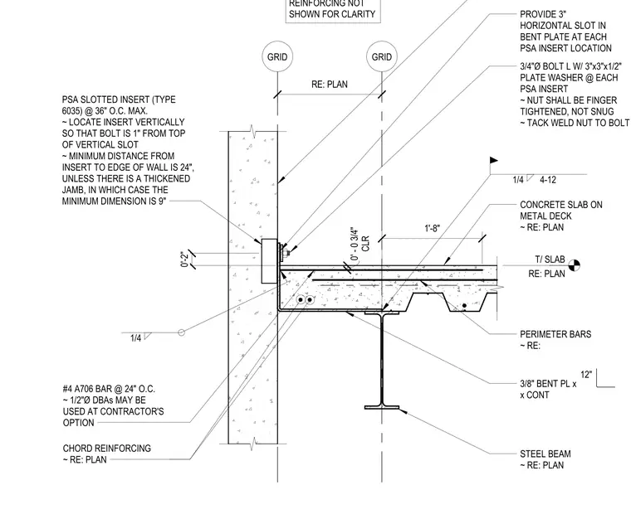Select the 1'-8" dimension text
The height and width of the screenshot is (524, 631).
coord(433,229)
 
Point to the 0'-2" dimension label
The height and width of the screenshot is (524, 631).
coord(184,260)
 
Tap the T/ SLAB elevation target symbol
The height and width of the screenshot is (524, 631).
coord(575,265)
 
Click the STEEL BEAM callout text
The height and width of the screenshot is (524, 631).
coord(545,454)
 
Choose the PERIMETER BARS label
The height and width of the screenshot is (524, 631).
coord(555,334)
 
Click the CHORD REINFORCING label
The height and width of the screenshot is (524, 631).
coord(106,449)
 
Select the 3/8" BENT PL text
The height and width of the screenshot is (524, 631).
coord(548,384)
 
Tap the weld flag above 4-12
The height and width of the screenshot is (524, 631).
coord(494,161)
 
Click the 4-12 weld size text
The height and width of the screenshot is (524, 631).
coord(548,180)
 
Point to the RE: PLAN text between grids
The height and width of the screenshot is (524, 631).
coord(329,85)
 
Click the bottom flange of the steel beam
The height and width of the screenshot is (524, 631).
coord(382,407)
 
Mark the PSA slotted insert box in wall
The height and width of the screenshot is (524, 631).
coord(269,261)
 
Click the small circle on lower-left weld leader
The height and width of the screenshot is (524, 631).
coord(182,332)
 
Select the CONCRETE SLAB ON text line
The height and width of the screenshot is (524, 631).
coord(561,205)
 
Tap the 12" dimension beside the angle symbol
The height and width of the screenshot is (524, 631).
coord(586,375)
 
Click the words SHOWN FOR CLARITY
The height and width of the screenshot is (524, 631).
coord(332,14)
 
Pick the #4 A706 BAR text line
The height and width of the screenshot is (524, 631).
coord(109,389)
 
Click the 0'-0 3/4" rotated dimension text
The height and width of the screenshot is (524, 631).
coord(355,245)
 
